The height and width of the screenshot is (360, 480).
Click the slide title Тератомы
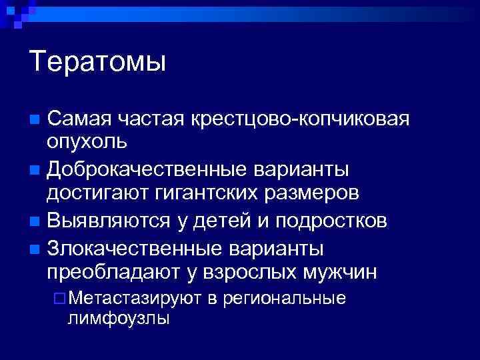coord(97,63)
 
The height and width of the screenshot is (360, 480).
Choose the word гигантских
coord(201,193)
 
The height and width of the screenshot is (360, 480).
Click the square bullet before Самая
coord(35,120)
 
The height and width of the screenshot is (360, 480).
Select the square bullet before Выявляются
coord(35,221)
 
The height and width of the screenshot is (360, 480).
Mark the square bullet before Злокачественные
coord(35,249)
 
